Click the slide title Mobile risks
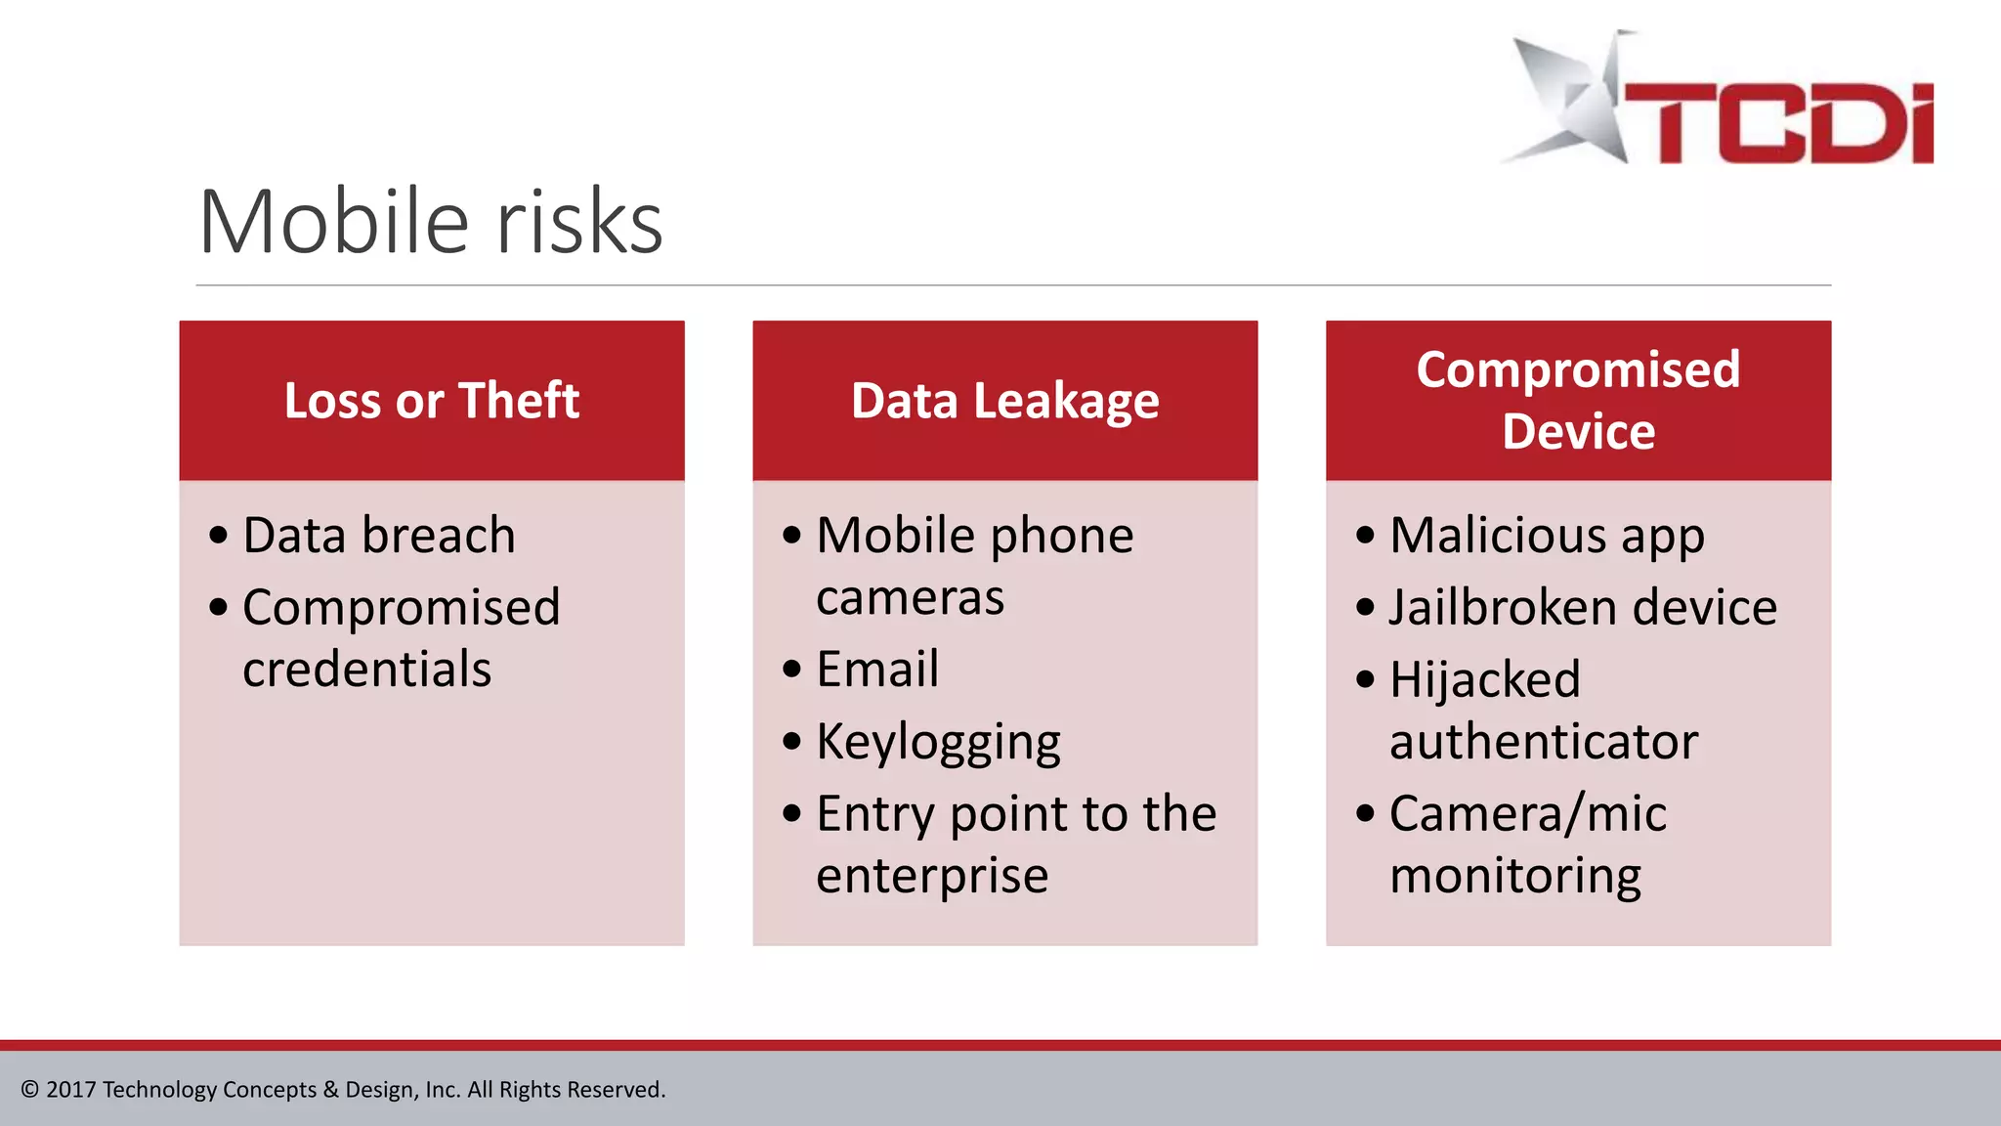[x=431, y=222]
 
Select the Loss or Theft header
[x=432, y=401]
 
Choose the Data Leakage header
[x=1004, y=401]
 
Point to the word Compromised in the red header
[x=1578, y=369]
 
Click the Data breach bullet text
[x=379, y=536]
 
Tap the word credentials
[x=367, y=670]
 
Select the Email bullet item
[x=877, y=670]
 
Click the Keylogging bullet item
[x=938, y=742]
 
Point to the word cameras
[x=910, y=597]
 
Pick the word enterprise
[x=932, y=876]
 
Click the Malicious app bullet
[x=1547, y=536]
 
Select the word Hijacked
[x=1485, y=679]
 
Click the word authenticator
[x=1544, y=742]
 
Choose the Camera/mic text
[x=1528, y=813]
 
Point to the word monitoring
[x=1515, y=876]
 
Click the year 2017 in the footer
[x=70, y=1090]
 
